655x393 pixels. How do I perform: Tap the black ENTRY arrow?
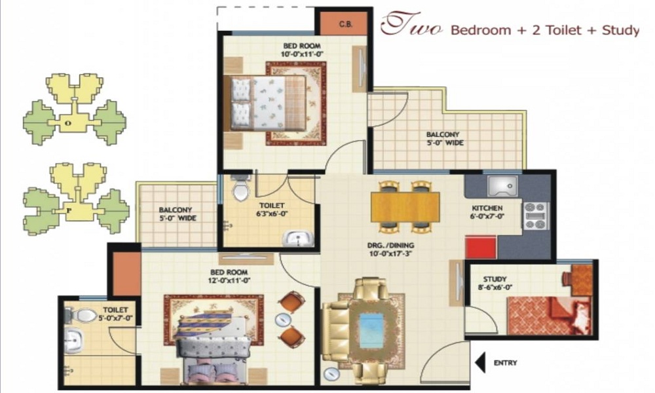pos(480,362)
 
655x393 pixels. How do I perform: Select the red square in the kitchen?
pos(481,247)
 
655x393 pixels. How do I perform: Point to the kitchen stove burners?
pos(536,216)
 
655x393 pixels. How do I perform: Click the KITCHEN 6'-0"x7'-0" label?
pos(487,212)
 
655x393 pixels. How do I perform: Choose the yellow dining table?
pos(405,206)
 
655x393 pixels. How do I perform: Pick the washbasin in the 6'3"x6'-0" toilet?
pos(298,239)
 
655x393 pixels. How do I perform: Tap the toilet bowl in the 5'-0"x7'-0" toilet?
pos(83,315)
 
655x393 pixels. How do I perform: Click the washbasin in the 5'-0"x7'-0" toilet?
pos(74,340)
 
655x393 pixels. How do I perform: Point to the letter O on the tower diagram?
pos(69,123)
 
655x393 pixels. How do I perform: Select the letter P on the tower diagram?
pos(69,210)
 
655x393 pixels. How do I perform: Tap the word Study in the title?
pos(620,30)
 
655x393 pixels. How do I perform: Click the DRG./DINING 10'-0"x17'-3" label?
pos(391,249)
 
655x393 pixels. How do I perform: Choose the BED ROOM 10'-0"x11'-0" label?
pos(302,50)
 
